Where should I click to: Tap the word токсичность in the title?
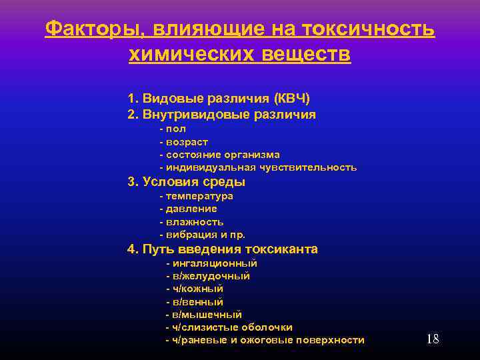(x=368, y=29)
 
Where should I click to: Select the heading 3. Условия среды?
(x=186, y=181)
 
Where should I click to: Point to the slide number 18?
(x=432, y=339)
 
